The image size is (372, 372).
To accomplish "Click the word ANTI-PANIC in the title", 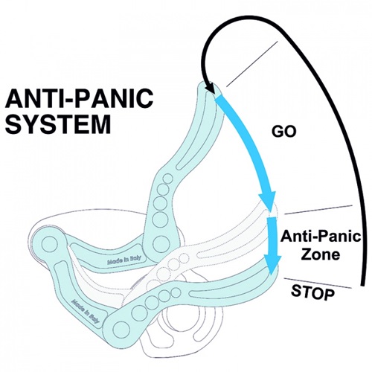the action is pos(80,98).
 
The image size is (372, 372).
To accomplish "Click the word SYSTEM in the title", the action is pos(58,124).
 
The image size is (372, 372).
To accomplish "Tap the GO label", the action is pos(284,131).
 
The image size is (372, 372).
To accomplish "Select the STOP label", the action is pos(312,292).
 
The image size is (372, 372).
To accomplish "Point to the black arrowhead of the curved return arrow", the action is pos(210,87).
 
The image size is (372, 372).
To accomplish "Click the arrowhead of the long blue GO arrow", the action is pos(268,199).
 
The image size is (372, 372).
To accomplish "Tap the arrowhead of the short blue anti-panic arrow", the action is pos(273,265).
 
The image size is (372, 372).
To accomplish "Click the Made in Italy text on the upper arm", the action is pos(124,260).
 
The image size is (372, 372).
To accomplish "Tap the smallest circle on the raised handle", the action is pos(168,179).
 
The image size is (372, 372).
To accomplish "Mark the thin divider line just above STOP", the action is pos(318,283).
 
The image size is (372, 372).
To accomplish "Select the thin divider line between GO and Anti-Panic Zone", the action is pos(318,210).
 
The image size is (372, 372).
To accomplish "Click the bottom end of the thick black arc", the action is pos(362,285).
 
